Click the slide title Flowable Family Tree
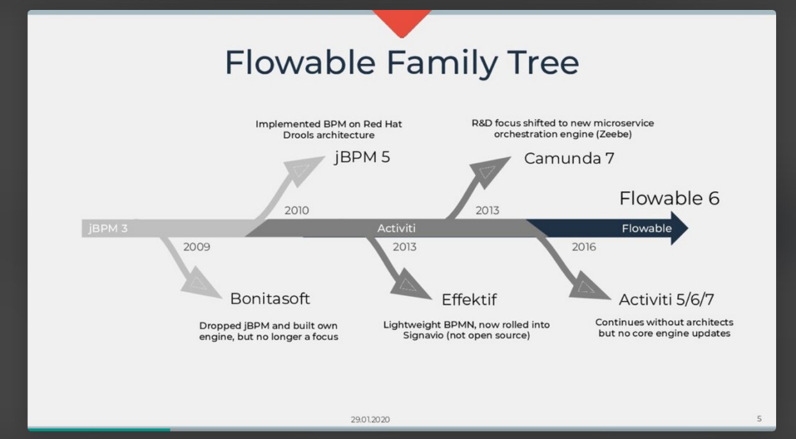(402, 63)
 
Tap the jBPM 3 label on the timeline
(108, 229)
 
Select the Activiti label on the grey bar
(396, 229)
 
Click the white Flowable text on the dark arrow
(646, 229)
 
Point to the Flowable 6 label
(669, 198)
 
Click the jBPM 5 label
(362, 158)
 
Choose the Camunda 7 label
(569, 158)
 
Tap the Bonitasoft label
(270, 298)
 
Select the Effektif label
(469, 300)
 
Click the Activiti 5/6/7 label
(666, 300)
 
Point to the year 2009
(197, 247)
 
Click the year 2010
(297, 210)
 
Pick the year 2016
(584, 247)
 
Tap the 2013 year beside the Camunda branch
(487, 210)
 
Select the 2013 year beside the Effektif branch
(404, 247)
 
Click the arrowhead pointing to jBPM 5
(303, 169)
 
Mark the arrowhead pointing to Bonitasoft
(199, 283)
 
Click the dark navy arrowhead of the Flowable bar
(678, 229)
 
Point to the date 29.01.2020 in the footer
(370, 420)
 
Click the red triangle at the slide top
(402, 21)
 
